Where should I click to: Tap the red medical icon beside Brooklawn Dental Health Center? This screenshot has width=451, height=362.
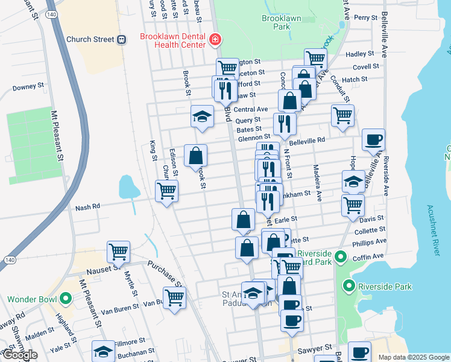pos(215,40)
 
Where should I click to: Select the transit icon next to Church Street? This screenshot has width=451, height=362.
pos(122,40)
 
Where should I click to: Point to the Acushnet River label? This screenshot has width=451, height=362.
pos(430,223)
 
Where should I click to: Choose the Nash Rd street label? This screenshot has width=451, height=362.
pos(87,208)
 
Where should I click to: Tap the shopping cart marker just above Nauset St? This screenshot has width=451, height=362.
pos(119,251)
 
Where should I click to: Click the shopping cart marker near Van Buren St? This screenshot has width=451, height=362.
pos(174,297)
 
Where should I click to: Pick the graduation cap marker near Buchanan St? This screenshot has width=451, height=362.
pos(103,351)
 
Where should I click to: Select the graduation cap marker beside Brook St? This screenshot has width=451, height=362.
pos(202,116)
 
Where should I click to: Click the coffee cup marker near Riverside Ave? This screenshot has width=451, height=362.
pos(373,140)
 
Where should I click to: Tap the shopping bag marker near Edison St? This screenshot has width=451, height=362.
pos(196,155)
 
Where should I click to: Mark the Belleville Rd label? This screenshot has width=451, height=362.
pos(307,140)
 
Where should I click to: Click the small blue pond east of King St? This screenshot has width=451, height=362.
pos(127,187)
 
